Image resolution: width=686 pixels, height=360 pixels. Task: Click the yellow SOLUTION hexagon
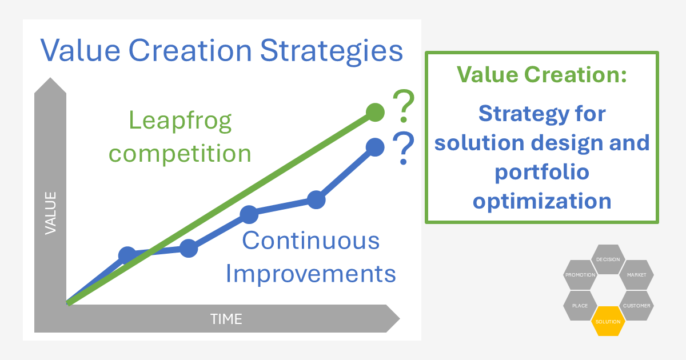pyautogui.click(x=608, y=321)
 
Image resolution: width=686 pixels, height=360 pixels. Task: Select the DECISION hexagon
pyautogui.click(x=608, y=259)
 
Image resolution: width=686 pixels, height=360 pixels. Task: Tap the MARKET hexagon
pyautogui.click(x=637, y=275)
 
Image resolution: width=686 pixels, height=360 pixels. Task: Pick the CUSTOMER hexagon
pyautogui.click(x=637, y=306)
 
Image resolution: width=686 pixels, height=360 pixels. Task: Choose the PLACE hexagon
pyautogui.click(x=580, y=306)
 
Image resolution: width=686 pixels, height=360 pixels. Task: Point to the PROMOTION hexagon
pyautogui.click(x=580, y=275)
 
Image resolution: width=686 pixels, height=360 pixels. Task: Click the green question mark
pyautogui.click(x=404, y=106)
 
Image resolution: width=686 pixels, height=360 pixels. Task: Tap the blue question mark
pyautogui.click(x=404, y=148)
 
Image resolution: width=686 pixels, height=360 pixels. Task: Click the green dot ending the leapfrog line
pyautogui.click(x=375, y=113)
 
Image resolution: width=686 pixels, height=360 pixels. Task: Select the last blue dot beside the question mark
pyautogui.click(x=375, y=147)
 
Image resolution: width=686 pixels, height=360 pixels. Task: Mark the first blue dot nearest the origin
pyautogui.click(x=127, y=255)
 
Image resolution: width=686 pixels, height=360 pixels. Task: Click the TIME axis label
pyautogui.click(x=226, y=319)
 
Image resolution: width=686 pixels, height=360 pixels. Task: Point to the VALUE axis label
pyautogui.click(x=50, y=213)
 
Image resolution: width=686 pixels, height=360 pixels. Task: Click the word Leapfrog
pyautogui.click(x=180, y=121)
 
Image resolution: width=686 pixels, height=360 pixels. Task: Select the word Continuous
pyautogui.click(x=311, y=241)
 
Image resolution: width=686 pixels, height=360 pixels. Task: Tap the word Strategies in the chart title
pyautogui.click(x=332, y=51)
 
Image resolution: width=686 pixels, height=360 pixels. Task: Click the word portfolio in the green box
pyautogui.click(x=542, y=173)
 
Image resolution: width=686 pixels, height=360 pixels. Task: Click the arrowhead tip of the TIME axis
pyautogui.click(x=400, y=319)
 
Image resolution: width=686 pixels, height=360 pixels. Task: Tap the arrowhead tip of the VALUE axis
pyautogui.click(x=50, y=78)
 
